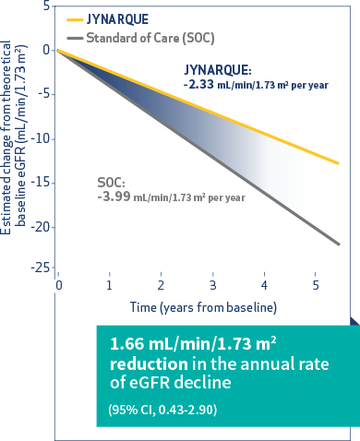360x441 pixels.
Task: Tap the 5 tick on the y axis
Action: pos(45,6)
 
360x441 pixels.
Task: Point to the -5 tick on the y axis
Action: pos(42,93)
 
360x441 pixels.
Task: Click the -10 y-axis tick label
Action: pos(40,138)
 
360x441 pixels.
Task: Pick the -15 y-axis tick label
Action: pos(40,183)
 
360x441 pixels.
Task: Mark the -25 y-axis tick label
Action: pos(40,268)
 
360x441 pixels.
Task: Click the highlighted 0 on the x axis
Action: pos(57,285)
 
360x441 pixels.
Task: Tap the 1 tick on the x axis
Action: pos(110,285)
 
